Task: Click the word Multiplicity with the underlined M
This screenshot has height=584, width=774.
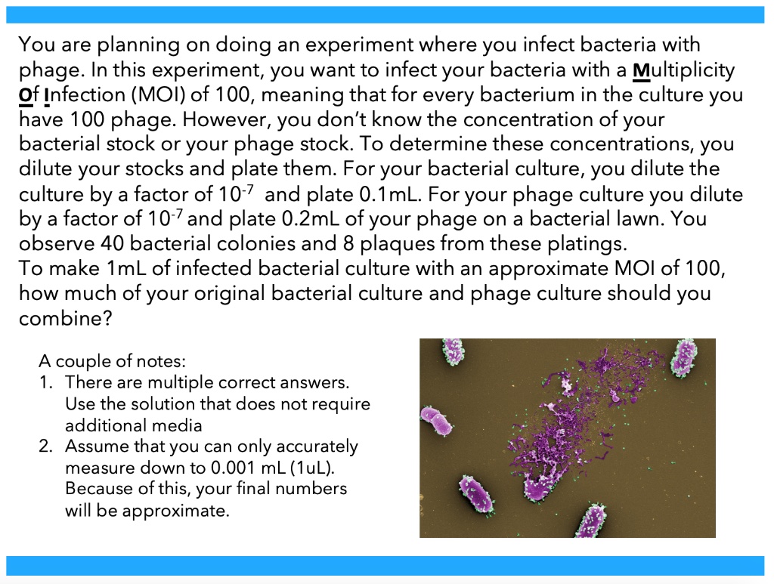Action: click(683, 70)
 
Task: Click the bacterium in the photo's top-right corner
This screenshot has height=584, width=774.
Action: click(683, 357)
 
